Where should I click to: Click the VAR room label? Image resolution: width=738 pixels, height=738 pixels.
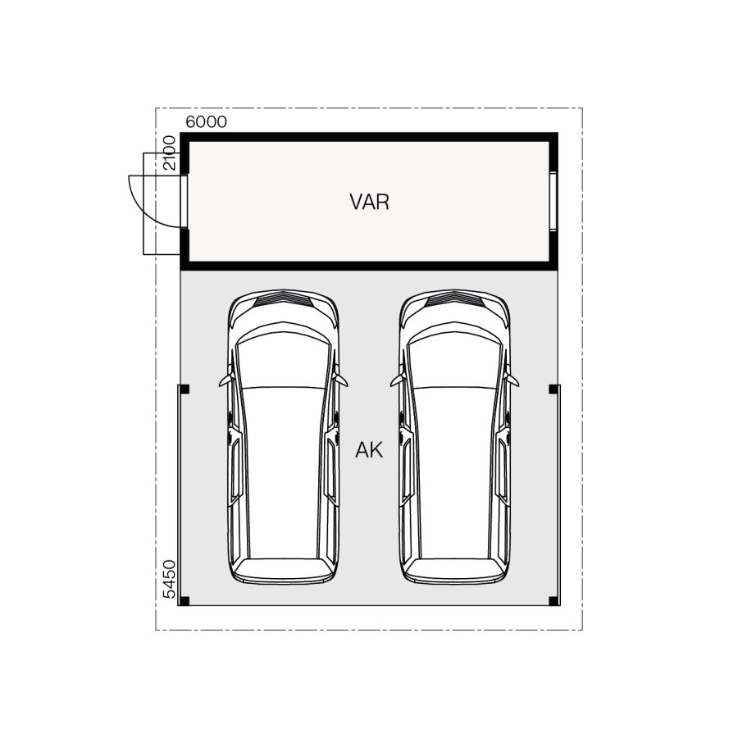point(369,202)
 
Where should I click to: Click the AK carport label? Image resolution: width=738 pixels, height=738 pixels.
point(369,450)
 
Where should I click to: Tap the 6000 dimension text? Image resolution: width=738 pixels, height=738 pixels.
point(207,122)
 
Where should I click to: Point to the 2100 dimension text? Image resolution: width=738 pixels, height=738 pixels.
point(169,153)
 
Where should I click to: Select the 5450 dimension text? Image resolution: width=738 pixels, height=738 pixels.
point(169,581)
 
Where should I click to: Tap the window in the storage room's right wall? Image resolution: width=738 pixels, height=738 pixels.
point(553,201)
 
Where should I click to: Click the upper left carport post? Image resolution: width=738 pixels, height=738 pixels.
point(184,389)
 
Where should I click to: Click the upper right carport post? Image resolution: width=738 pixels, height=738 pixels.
point(553,389)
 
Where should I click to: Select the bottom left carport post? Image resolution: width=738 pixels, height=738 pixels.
point(184,601)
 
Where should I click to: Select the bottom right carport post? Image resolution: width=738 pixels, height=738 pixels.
point(553,601)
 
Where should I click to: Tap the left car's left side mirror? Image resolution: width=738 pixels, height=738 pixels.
point(225,380)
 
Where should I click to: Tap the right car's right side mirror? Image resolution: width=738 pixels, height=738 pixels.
point(513,380)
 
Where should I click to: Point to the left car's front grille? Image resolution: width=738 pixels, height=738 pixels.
point(283,300)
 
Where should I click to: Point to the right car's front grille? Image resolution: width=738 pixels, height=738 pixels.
point(455,300)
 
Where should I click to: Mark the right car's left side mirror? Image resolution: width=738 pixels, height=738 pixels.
point(397,380)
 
